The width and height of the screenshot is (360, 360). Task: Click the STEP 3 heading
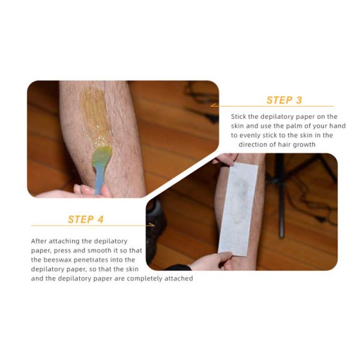(284, 100)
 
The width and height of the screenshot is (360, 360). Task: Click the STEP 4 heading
(86, 220)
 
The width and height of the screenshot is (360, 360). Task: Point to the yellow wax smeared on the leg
(94, 115)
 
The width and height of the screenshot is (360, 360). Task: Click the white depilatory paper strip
(238, 208)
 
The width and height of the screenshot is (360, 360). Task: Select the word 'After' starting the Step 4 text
(39, 241)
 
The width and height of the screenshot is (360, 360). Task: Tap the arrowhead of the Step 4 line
(151, 225)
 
